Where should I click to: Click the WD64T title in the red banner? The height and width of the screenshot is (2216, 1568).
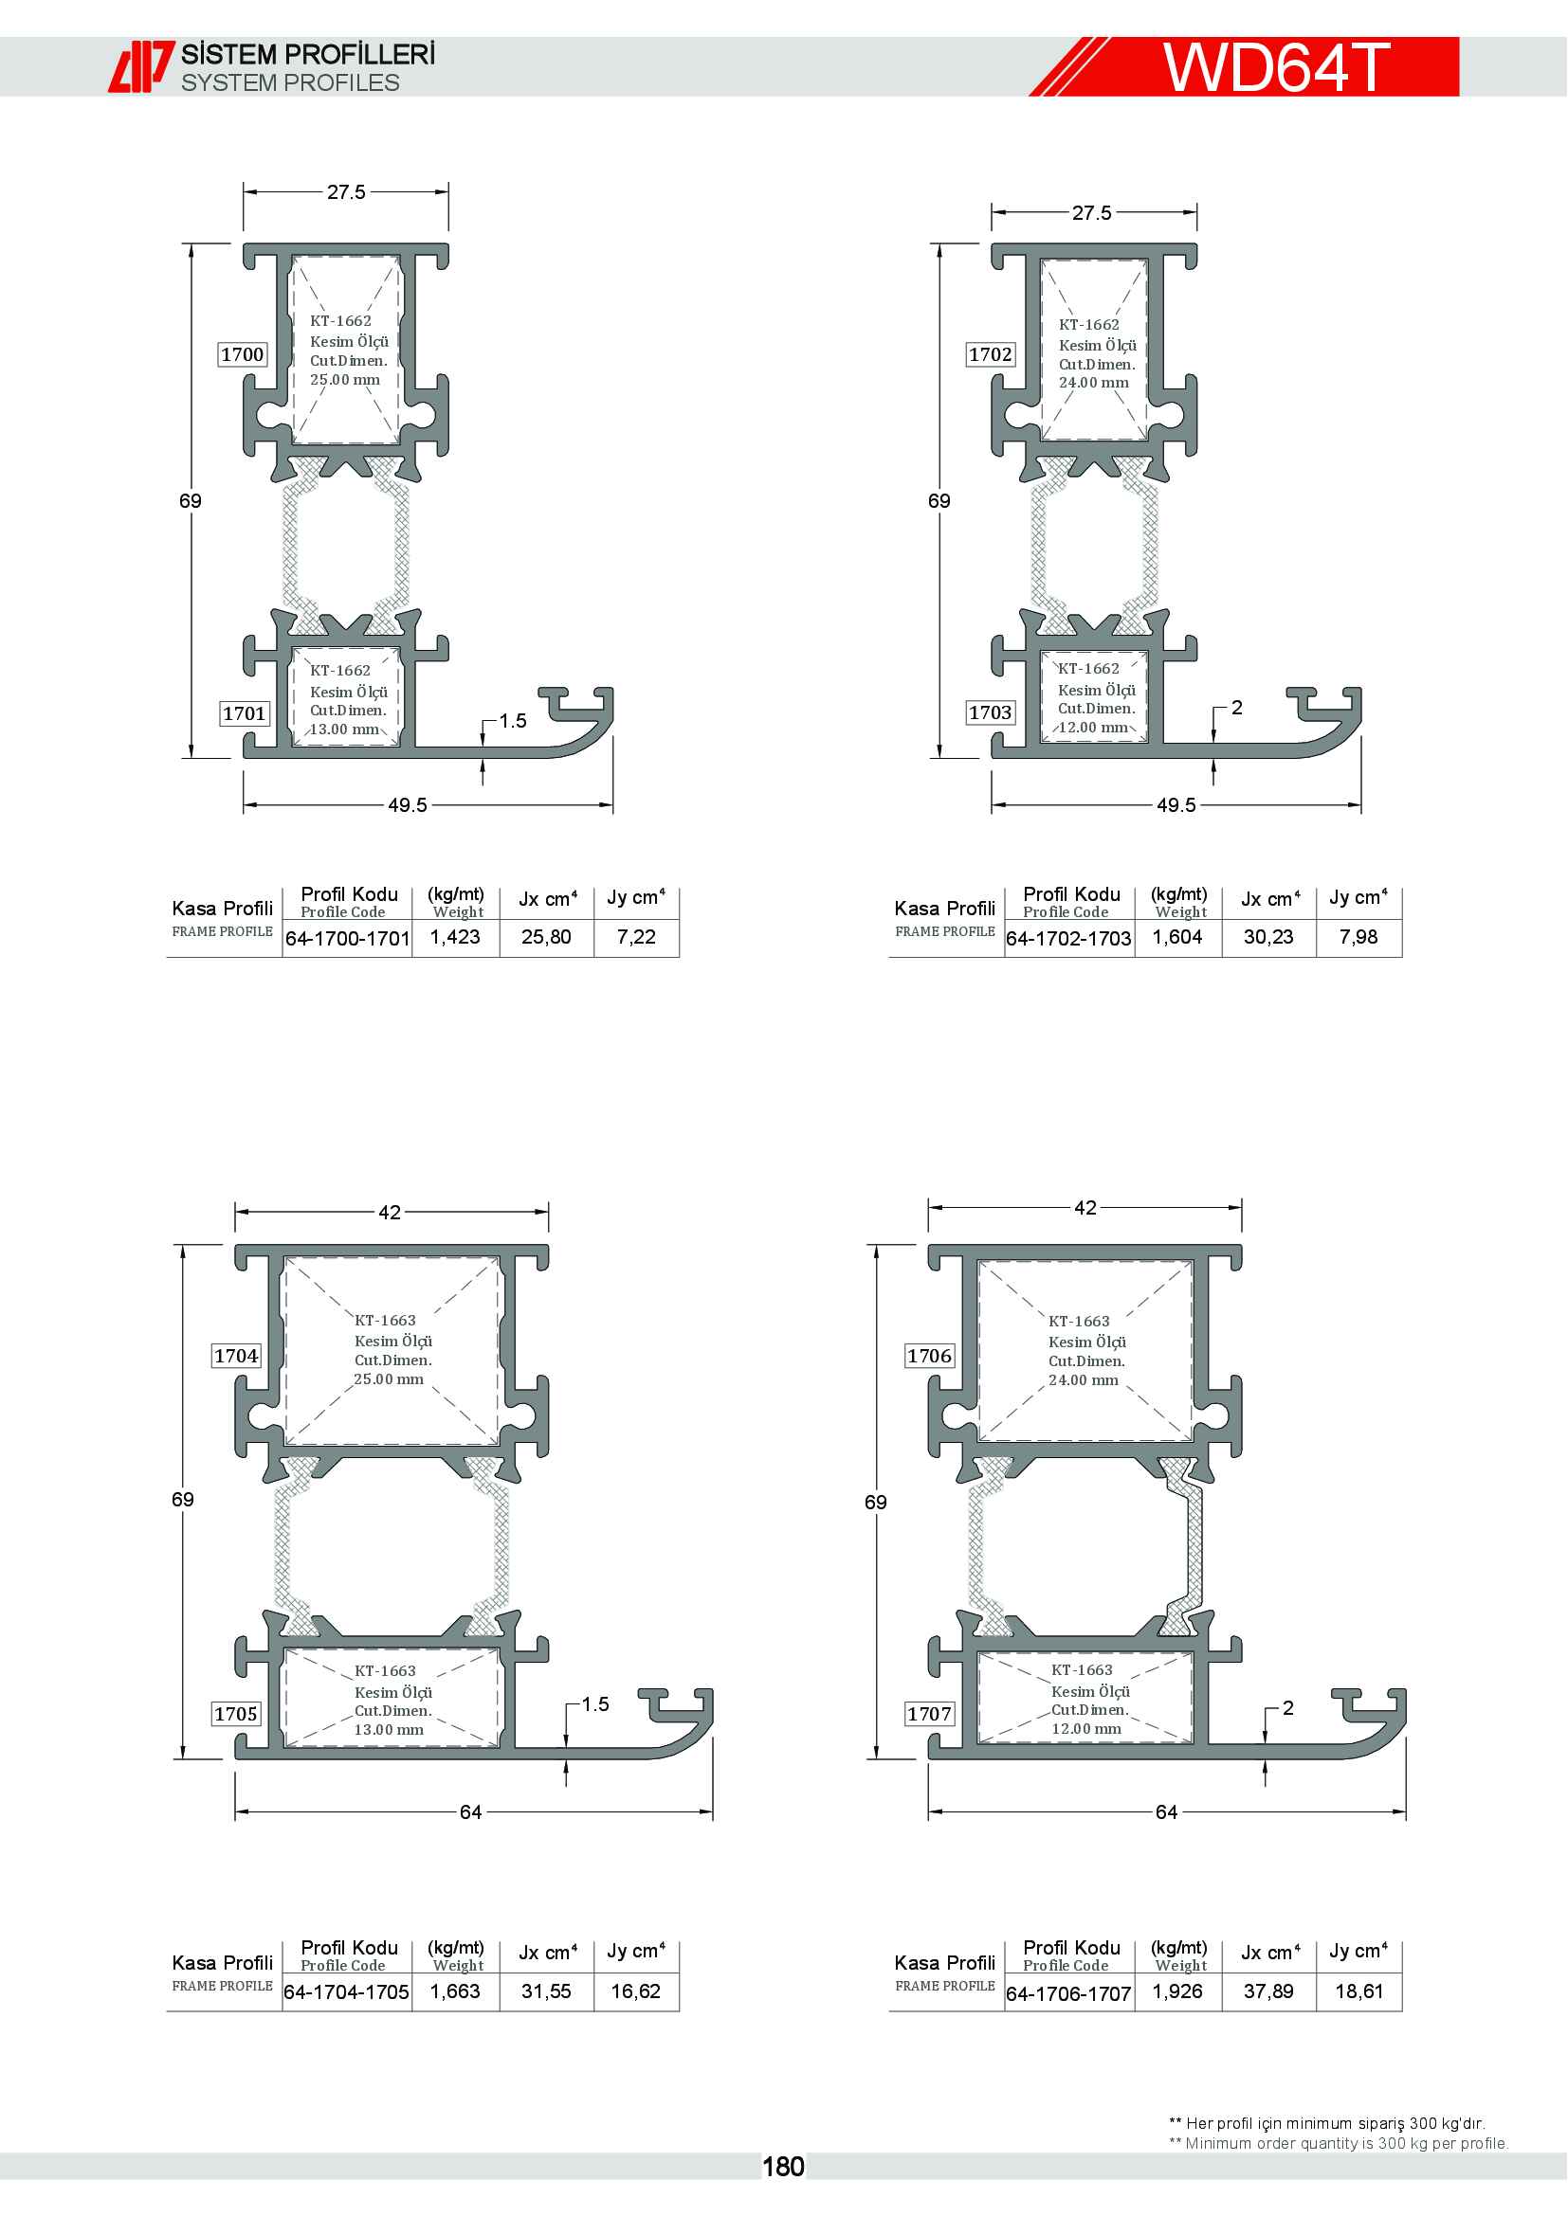click(1276, 66)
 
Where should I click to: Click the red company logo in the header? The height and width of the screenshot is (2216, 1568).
click(141, 66)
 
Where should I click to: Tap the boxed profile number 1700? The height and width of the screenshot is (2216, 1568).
click(242, 354)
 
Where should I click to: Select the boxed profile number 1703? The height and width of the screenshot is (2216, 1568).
click(991, 712)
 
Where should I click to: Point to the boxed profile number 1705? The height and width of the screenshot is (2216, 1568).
click(237, 1713)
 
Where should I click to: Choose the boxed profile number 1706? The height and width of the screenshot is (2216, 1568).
click(930, 1355)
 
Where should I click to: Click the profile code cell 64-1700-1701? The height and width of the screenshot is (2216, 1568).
click(348, 938)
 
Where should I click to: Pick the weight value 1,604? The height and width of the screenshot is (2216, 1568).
click(1178, 937)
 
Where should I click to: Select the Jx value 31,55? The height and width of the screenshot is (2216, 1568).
click(546, 1991)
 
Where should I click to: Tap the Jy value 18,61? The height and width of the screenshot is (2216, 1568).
click(1358, 1991)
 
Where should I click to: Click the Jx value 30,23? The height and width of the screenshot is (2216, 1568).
click(1268, 937)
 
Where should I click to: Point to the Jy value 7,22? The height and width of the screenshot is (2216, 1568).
click(636, 937)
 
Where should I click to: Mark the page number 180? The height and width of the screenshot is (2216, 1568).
click(783, 2167)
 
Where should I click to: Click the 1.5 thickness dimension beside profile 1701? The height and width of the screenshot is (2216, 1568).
click(513, 721)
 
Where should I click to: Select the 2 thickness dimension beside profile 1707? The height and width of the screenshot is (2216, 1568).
click(1287, 1707)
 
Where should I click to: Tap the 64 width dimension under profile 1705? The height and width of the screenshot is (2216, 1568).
click(471, 1811)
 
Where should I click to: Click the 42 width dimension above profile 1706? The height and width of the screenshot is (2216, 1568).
click(1085, 1207)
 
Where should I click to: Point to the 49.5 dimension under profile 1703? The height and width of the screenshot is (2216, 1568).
click(1176, 805)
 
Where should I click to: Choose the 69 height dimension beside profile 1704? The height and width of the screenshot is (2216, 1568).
click(182, 1499)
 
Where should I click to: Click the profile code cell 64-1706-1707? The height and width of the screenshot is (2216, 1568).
click(1068, 1993)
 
